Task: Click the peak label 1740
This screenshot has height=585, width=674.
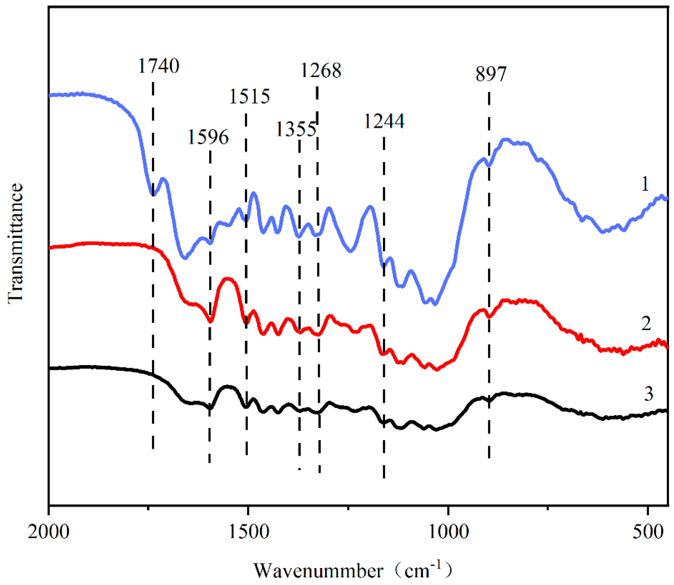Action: point(159,66)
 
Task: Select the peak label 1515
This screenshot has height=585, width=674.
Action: point(250,96)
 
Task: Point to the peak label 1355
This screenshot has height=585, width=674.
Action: point(296,129)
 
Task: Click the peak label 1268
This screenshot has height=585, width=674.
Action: point(321,71)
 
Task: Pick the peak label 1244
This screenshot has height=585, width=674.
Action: point(384,121)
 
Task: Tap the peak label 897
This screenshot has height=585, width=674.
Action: point(491,74)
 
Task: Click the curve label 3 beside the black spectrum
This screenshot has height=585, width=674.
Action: point(649,394)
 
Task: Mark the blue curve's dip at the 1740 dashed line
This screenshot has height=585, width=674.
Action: point(153,194)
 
